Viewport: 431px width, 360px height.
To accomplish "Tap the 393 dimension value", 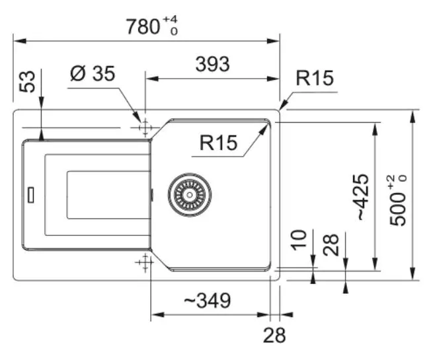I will click(x=212, y=64).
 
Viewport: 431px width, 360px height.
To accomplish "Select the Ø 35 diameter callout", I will click(x=92, y=73).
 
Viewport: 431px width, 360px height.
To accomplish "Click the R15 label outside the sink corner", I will click(x=315, y=79).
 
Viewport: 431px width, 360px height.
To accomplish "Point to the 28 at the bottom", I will click(x=275, y=336).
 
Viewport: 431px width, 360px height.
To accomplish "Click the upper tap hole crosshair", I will click(x=143, y=127).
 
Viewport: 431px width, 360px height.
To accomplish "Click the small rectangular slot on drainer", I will click(x=30, y=195).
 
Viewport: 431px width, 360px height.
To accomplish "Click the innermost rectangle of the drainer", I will click(x=106, y=194).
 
